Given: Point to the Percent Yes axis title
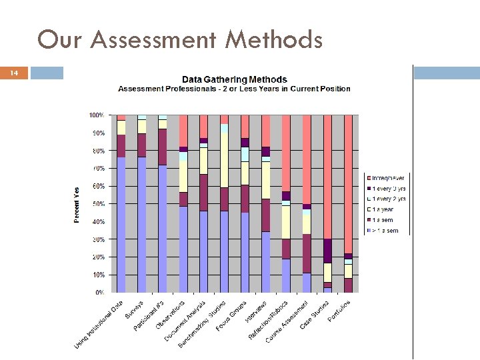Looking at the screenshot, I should point(77,205).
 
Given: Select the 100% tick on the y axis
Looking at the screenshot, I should point(97,115).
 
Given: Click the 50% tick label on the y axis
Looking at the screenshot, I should point(97,204).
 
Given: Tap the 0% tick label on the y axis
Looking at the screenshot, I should point(99,293).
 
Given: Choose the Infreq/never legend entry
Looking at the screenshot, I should point(387,178).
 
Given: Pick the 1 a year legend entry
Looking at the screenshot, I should point(384,210).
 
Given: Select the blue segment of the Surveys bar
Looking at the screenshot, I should point(141,224).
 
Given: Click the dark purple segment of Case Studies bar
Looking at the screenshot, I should point(327,251).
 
